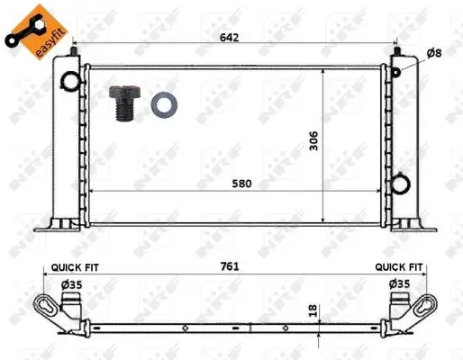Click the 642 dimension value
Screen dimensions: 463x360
point(230,38)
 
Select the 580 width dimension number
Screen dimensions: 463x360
point(241,184)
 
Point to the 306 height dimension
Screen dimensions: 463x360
point(313,140)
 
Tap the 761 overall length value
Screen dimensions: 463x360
point(230,266)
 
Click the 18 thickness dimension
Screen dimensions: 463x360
point(313,310)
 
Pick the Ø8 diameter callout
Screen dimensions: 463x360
point(434,53)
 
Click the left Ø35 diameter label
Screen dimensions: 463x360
point(72,284)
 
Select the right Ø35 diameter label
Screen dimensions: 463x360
point(399,283)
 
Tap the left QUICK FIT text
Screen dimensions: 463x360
point(75,267)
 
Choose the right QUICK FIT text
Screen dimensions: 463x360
point(399,266)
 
